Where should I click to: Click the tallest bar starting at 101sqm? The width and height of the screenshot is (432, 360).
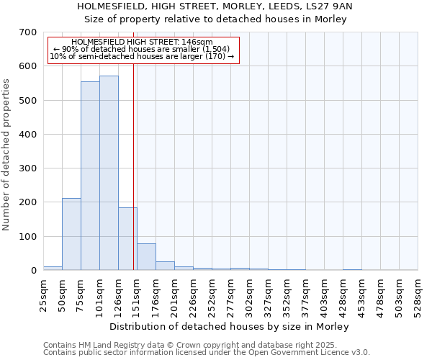coord(109,173)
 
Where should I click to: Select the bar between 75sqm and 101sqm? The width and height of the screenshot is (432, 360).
coord(90,176)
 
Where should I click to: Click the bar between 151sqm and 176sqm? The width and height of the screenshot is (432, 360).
coord(146,257)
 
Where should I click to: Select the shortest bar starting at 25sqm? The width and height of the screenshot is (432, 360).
coord(53,268)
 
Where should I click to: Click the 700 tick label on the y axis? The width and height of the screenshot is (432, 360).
coord(27,32)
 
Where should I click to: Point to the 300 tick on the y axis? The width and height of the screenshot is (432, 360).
coord(27,168)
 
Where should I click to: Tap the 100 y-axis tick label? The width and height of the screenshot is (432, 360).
coord(27,237)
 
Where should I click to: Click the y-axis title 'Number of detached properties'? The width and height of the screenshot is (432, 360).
coord(8,156)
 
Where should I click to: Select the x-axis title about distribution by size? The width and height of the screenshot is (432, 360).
coord(230,326)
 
